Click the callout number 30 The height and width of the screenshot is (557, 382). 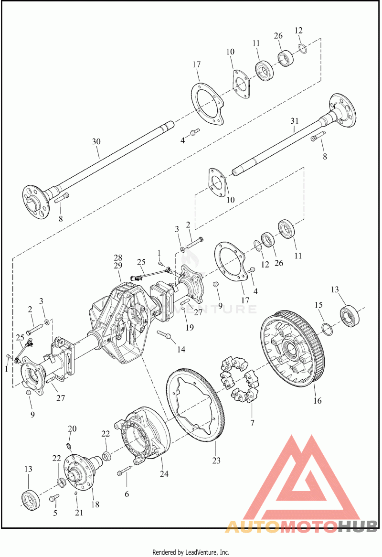pos(96,141)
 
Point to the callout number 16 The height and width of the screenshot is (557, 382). pos(318,401)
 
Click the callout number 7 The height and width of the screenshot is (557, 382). pos(252,422)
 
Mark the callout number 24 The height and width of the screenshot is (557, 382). pos(164,474)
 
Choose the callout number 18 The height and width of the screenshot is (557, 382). pos(96,504)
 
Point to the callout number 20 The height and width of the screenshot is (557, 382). pos(72,428)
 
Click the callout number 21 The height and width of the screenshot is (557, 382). pos(79,513)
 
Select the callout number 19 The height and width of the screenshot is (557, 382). pos(190,328)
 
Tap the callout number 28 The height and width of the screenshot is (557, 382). pos(118,257)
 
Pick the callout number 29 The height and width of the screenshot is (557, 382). pos(118,265)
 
